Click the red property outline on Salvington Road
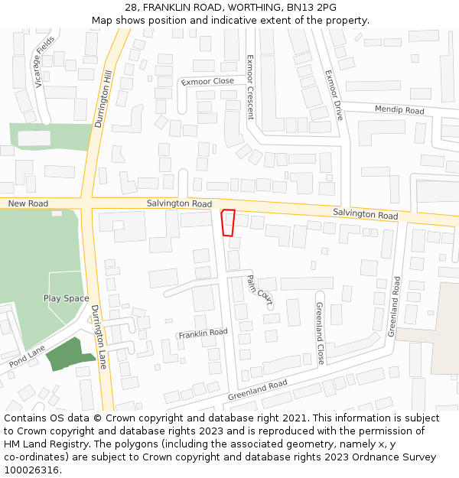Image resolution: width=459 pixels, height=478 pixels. click(228, 223)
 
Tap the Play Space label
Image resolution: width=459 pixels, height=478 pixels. click(66, 298)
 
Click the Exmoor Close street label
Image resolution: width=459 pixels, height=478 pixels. click(207, 81)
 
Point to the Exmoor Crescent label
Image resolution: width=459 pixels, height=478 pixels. click(249, 87)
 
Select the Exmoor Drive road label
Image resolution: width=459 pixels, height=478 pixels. click(334, 95)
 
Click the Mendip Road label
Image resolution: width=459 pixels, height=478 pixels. click(399, 110)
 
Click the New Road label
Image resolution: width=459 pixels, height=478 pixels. click(28, 203)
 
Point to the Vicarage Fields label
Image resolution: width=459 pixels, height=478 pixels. click(44, 61)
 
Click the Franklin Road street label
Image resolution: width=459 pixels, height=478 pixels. click(203, 333)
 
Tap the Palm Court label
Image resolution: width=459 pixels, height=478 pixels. click(259, 290)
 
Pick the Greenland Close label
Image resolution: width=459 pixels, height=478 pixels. click(321, 333)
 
